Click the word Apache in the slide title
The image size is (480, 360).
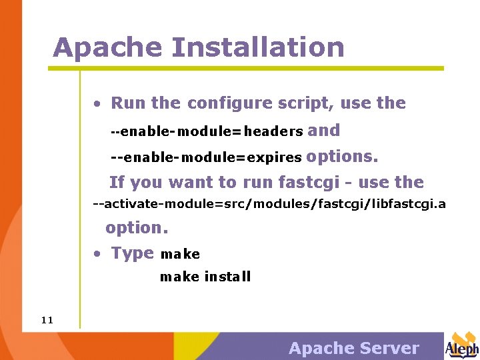(107, 48)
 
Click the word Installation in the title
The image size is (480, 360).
(257, 48)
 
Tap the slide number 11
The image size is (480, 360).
(47, 320)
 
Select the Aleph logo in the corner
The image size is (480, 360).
(461, 346)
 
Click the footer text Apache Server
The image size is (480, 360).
(353, 348)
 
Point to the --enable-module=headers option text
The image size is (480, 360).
(207, 132)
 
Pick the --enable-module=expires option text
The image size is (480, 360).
(206, 158)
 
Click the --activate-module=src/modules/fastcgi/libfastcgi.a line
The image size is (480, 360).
(269, 203)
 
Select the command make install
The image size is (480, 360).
(205, 277)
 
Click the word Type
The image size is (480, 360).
(132, 253)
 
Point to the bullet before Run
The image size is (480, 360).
(97, 104)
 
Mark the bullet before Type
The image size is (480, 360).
(97, 254)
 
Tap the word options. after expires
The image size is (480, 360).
(342, 157)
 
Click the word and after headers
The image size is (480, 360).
(324, 131)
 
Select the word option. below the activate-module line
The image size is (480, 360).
(137, 227)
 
